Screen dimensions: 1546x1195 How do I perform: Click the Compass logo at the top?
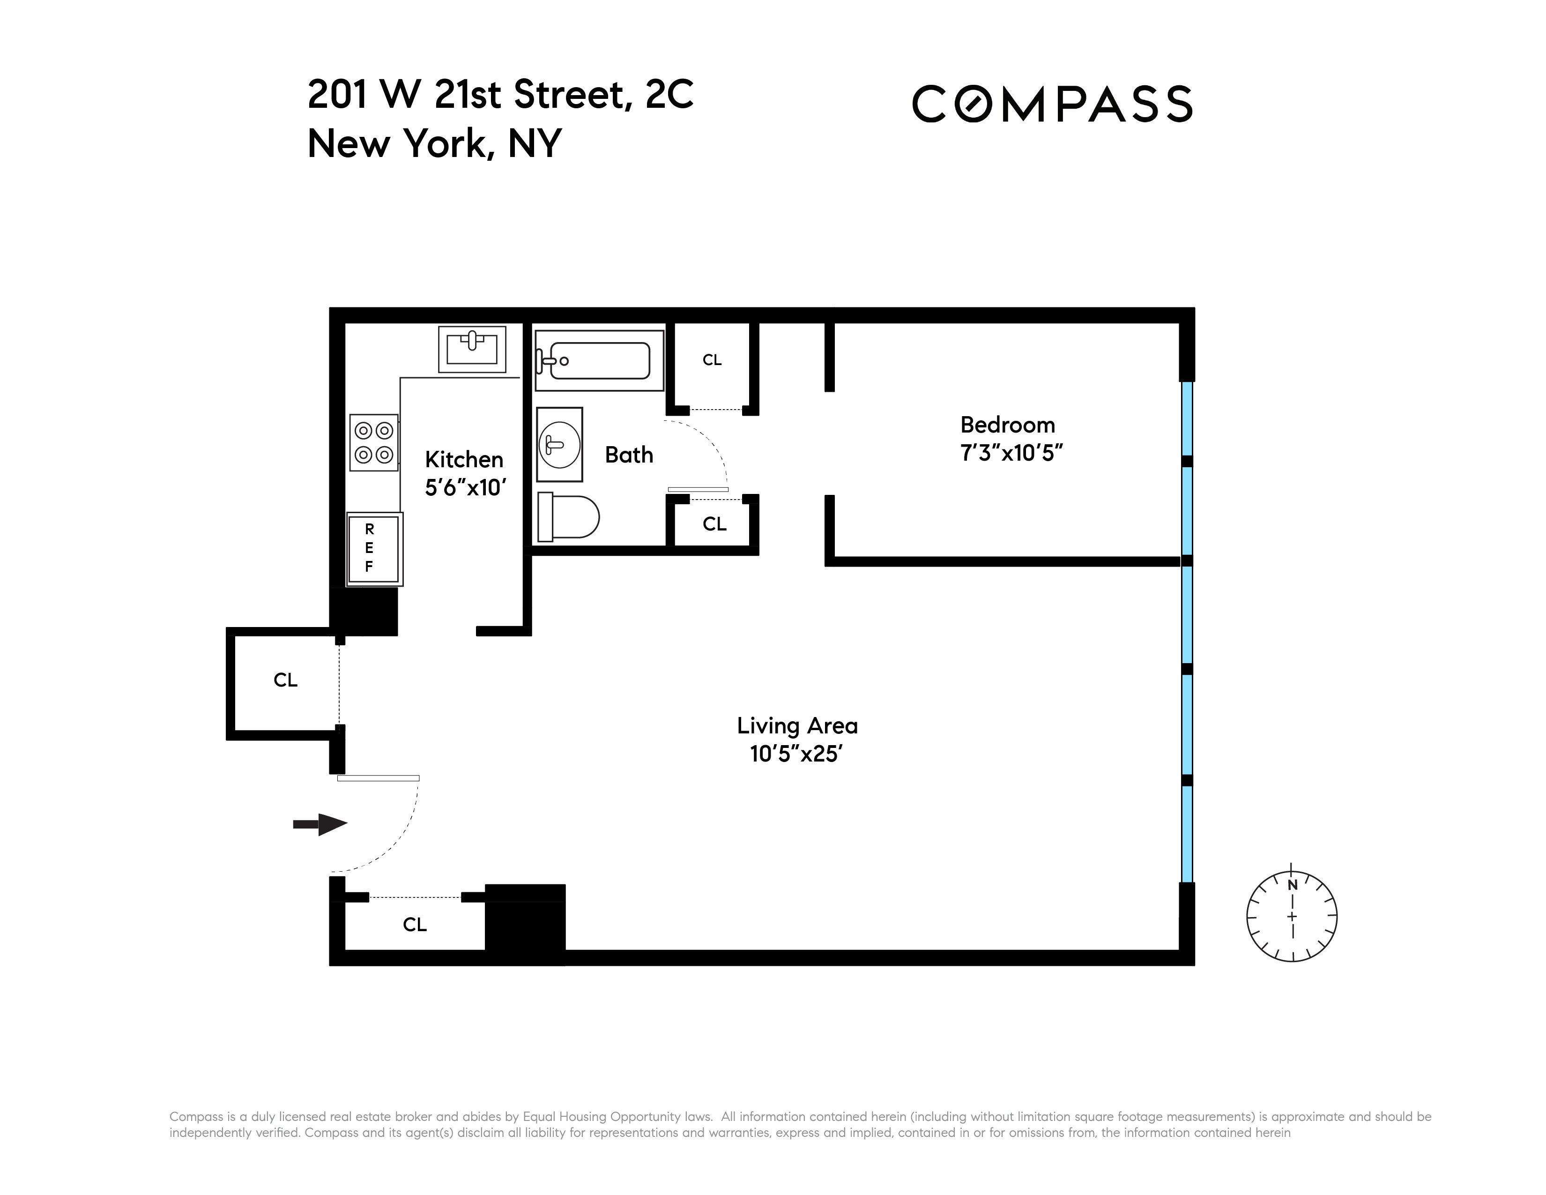1052,104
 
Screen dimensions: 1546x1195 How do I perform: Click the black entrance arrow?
320,824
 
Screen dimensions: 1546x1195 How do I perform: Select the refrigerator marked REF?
374,549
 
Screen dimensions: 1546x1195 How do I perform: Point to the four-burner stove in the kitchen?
374,442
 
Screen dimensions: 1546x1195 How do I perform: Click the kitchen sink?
472,349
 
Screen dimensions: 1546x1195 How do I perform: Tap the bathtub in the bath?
599,360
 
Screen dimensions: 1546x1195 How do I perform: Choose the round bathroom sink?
559,445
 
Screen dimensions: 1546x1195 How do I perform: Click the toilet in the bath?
568,517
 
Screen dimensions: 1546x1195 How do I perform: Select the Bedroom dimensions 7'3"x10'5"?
1011,453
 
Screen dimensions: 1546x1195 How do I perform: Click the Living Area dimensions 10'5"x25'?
796,754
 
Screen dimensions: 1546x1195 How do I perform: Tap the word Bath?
629,455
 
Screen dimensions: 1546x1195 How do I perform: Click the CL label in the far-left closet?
285,680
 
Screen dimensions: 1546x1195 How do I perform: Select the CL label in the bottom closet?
415,925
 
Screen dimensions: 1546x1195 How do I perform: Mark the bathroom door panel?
698,489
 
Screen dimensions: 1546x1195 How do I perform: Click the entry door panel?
378,778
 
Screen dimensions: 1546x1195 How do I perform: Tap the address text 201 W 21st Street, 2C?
500,95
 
